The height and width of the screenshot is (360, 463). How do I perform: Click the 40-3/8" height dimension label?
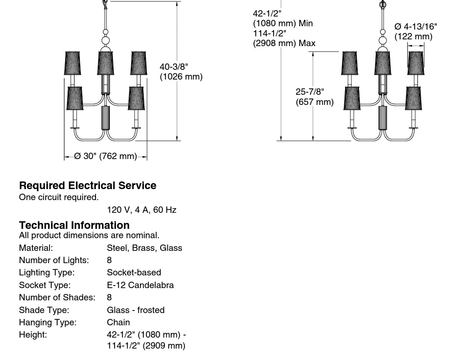pos(174,67)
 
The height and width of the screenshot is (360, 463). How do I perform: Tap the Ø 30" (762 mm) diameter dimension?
pos(105,157)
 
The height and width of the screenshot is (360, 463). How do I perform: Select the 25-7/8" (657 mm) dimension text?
pos(314,97)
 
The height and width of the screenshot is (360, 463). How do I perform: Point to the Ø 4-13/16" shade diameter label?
pos(416,27)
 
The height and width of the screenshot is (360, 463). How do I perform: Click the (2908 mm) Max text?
pos(284,43)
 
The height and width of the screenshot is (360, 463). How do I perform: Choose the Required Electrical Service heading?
pos(88,186)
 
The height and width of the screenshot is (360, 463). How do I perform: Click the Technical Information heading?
pos(74,225)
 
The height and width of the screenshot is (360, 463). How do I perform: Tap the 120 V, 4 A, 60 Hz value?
pos(141,210)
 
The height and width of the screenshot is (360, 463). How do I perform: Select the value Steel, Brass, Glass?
pos(144,248)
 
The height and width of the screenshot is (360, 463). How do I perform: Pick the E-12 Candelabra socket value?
pos(140,285)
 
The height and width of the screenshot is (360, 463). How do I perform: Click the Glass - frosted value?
pos(135,310)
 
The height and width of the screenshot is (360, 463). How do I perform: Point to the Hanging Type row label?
pos(48,322)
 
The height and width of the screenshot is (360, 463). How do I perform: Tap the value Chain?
pos(118,322)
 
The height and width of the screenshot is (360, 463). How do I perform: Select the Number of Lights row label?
pos(54,260)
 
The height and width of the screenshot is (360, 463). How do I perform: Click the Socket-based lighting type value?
pos(134,272)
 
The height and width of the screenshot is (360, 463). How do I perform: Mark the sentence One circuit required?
pos(58,197)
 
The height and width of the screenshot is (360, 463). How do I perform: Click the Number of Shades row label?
pos(57,297)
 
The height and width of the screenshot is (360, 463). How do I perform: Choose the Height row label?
pos(33,335)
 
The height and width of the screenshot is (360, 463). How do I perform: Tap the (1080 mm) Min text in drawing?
pos(283,23)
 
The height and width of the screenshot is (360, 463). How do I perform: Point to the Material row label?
pos(36,248)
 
